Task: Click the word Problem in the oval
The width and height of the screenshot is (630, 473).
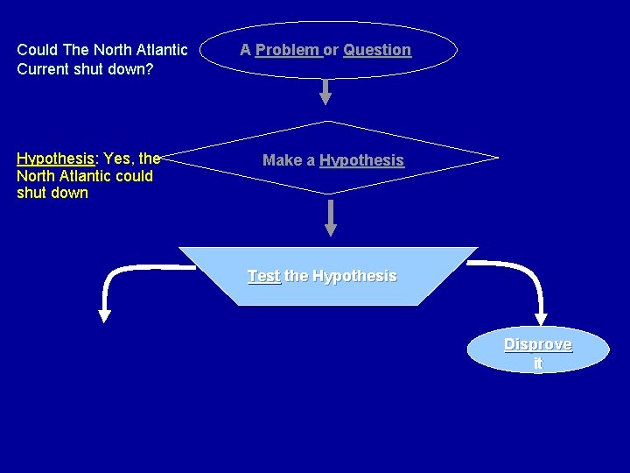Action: coord(288,50)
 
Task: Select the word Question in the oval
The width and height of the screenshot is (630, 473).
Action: coord(377,50)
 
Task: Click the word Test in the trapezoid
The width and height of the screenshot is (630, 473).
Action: coord(263,276)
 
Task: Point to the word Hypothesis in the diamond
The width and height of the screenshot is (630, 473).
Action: coord(361,160)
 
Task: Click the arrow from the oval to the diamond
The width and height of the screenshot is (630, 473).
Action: coord(325,92)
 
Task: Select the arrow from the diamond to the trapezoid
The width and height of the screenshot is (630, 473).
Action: coord(330,217)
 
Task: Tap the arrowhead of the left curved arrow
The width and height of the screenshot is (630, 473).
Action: coord(104,313)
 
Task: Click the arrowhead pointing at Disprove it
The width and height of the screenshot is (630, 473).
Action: coord(540,316)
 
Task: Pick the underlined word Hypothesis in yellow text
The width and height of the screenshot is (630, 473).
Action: coord(55,159)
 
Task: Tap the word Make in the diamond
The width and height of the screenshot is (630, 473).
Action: coord(281,160)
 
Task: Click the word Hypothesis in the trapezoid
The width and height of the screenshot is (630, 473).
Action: coord(354,276)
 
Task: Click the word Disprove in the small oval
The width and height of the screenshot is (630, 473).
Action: coord(537,344)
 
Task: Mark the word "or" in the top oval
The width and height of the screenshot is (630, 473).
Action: coord(332,50)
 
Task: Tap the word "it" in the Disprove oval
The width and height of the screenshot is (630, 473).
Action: coord(537,363)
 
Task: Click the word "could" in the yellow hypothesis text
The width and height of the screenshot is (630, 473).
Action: coord(133,175)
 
